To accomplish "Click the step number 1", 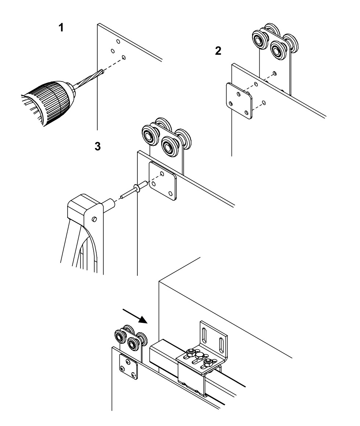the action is click(61, 28).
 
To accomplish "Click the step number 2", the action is click(218, 51).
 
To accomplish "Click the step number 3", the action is click(98, 147).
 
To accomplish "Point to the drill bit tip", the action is click(103, 72).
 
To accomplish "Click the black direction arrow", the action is click(135, 316).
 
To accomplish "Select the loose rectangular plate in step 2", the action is click(239, 101).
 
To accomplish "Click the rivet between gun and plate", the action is click(134, 189).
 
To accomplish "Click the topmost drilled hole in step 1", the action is click(118, 41).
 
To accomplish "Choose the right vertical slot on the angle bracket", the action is click(221, 345).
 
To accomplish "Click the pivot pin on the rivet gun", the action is click(94, 219).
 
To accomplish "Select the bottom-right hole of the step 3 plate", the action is click(170, 194).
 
